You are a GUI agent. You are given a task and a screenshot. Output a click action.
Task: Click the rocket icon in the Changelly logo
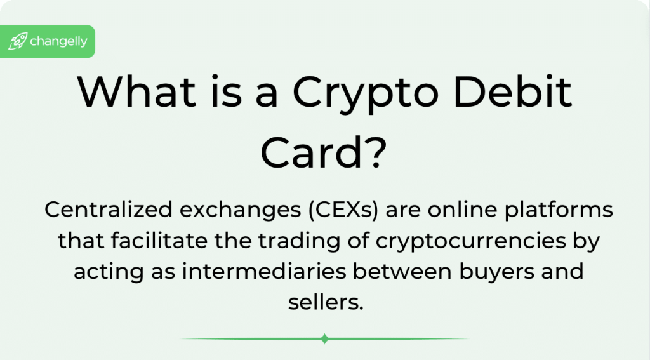coord(17,43)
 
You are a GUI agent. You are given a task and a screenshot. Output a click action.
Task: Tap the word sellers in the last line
coord(326,302)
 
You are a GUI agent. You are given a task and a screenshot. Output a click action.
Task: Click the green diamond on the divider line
coord(325,339)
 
